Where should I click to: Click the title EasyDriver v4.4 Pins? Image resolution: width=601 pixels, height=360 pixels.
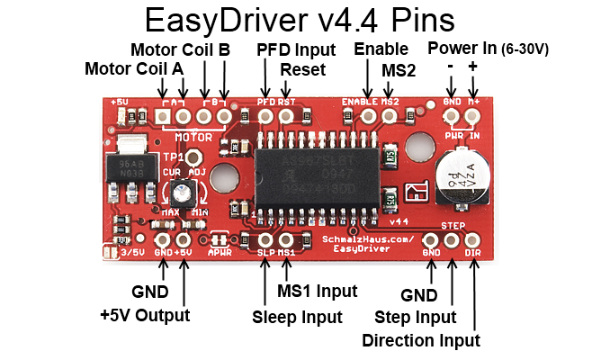pos(300,21)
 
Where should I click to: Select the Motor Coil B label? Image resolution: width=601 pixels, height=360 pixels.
pos(180,49)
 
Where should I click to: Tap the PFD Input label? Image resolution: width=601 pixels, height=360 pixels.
pos(296,49)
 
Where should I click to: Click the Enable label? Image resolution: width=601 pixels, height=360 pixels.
pos(381,49)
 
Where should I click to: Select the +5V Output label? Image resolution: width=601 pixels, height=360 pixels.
pos(145,315)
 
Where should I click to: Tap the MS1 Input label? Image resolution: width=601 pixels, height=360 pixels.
pos(317,291)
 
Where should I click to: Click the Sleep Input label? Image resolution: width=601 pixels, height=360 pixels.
pos(296,317)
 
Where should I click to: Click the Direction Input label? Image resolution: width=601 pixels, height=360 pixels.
pos(420,340)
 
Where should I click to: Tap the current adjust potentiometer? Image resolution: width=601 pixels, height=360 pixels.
pos(184,192)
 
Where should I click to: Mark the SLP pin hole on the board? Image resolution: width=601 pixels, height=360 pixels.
pos(266,240)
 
